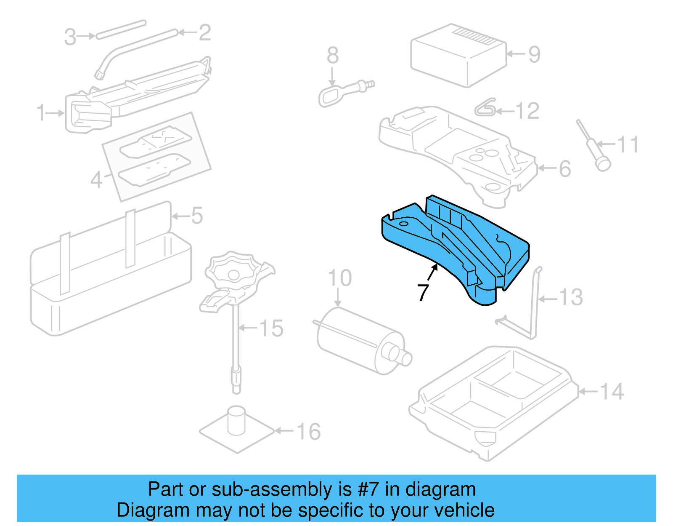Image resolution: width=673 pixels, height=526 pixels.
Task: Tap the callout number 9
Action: tap(534, 54)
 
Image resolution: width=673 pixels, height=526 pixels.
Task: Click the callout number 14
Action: tap(611, 392)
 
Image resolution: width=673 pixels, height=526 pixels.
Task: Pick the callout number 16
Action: tap(308, 432)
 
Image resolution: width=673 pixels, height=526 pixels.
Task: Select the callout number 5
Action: tap(197, 216)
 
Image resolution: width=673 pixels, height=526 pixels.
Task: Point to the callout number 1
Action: tap(41, 113)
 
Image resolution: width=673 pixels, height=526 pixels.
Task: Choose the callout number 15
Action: tap(271, 328)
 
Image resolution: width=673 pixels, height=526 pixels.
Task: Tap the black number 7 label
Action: tap(423, 292)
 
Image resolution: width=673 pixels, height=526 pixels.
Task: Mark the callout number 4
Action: tap(96, 180)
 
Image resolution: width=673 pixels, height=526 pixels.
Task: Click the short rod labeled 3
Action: tap(121, 29)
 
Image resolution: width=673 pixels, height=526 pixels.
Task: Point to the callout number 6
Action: tap(565, 168)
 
